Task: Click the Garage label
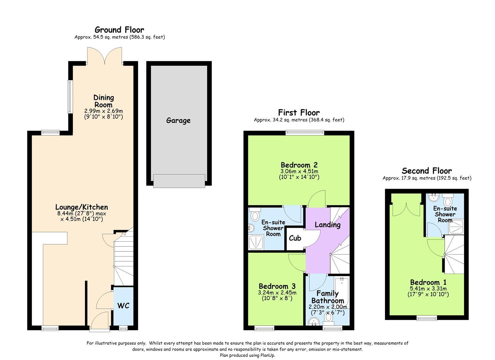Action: pyautogui.click(x=178, y=121)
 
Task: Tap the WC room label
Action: pyautogui.click(x=123, y=306)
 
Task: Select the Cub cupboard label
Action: pyautogui.click(x=295, y=238)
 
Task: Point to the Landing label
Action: pyautogui.click(x=327, y=225)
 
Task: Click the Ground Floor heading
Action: pyautogui.click(x=119, y=30)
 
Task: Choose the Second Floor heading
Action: pyautogui.click(x=427, y=171)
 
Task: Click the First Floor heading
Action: pyautogui.click(x=299, y=113)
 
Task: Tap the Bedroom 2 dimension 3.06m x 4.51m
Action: pyautogui.click(x=299, y=171)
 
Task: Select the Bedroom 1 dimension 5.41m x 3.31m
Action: pyautogui.click(x=428, y=289)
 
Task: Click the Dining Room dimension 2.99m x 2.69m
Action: pyautogui.click(x=104, y=111)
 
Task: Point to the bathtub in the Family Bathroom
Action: pyautogui.click(x=342, y=293)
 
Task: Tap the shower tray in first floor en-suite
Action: pyautogui.click(x=256, y=242)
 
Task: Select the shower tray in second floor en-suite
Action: pyautogui.click(x=456, y=227)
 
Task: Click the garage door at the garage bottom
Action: pyautogui.click(x=179, y=181)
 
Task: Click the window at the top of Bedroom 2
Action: pyautogui.click(x=305, y=133)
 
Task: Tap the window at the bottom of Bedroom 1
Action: pyautogui.click(x=427, y=318)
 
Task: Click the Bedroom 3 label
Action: pyautogui.click(x=277, y=286)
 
